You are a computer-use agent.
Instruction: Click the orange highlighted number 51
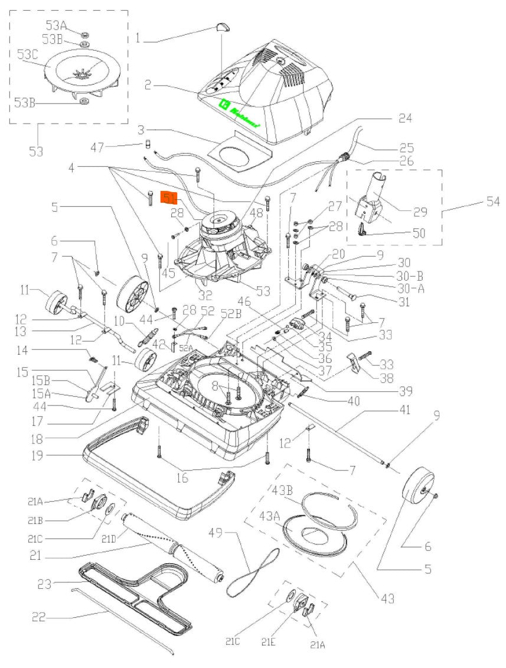pos(170,197)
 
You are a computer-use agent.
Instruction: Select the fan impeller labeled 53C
pos(83,74)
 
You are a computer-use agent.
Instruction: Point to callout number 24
pos(404,118)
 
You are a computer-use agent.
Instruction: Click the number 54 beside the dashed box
pos(491,202)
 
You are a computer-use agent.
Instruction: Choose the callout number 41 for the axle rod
pos(404,409)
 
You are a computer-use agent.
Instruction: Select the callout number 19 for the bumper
pos(38,456)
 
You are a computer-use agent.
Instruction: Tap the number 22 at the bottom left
pos(39,617)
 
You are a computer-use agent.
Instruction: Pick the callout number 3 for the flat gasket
pos(141,129)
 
